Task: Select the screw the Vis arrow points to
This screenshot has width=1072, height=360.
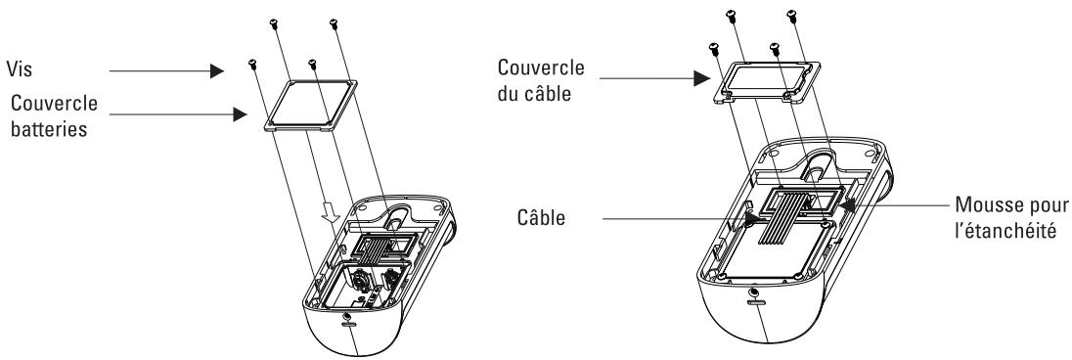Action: (x=253, y=65)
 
